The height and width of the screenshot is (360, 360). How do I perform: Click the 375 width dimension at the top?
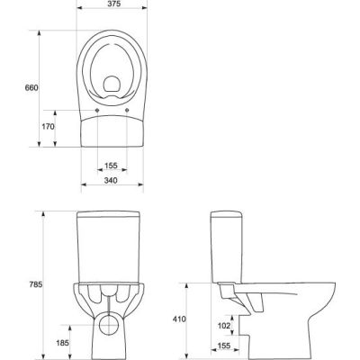point(112,4)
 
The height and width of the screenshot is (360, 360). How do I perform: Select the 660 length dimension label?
point(31,88)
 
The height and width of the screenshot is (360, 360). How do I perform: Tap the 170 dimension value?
point(49,127)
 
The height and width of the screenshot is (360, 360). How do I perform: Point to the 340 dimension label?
point(111,180)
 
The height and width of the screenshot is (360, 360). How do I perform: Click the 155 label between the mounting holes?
point(111,166)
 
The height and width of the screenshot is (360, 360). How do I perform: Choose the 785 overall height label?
point(36,284)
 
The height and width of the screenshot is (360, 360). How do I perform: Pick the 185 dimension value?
point(63,343)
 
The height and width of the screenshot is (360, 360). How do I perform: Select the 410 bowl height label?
point(179,319)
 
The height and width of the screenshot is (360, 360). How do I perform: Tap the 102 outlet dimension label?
point(224,326)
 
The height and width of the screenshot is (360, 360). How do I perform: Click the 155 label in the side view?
point(224,346)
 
